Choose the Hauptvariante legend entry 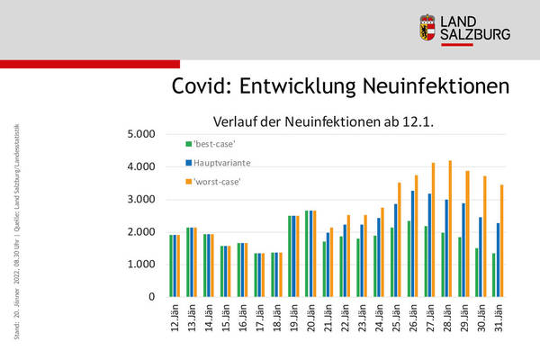pos(222,163)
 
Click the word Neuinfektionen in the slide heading pos(427,85)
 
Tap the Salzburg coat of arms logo pos(428,28)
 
